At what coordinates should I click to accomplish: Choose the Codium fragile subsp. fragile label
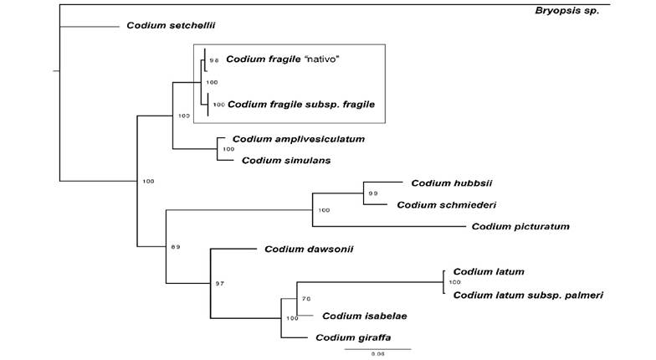[300, 105]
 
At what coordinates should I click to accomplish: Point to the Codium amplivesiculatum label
[299, 139]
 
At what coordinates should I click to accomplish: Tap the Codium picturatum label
[520, 226]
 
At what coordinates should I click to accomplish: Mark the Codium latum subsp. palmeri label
[528, 295]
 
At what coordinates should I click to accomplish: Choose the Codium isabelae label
[364, 316]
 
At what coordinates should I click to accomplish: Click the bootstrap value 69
[176, 247]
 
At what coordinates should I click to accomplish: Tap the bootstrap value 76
[306, 298]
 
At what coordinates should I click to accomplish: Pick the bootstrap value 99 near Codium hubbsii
[373, 193]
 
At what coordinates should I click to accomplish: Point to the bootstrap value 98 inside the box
[214, 60]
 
